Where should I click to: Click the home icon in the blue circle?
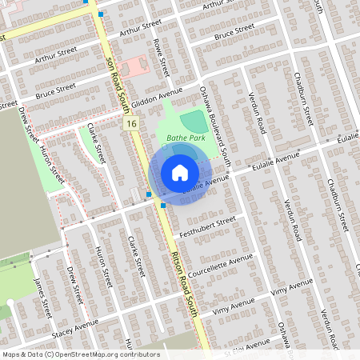[x=180, y=173]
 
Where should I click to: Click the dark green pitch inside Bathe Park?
[x=193, y=122]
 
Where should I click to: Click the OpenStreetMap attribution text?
[x=81, y=354]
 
